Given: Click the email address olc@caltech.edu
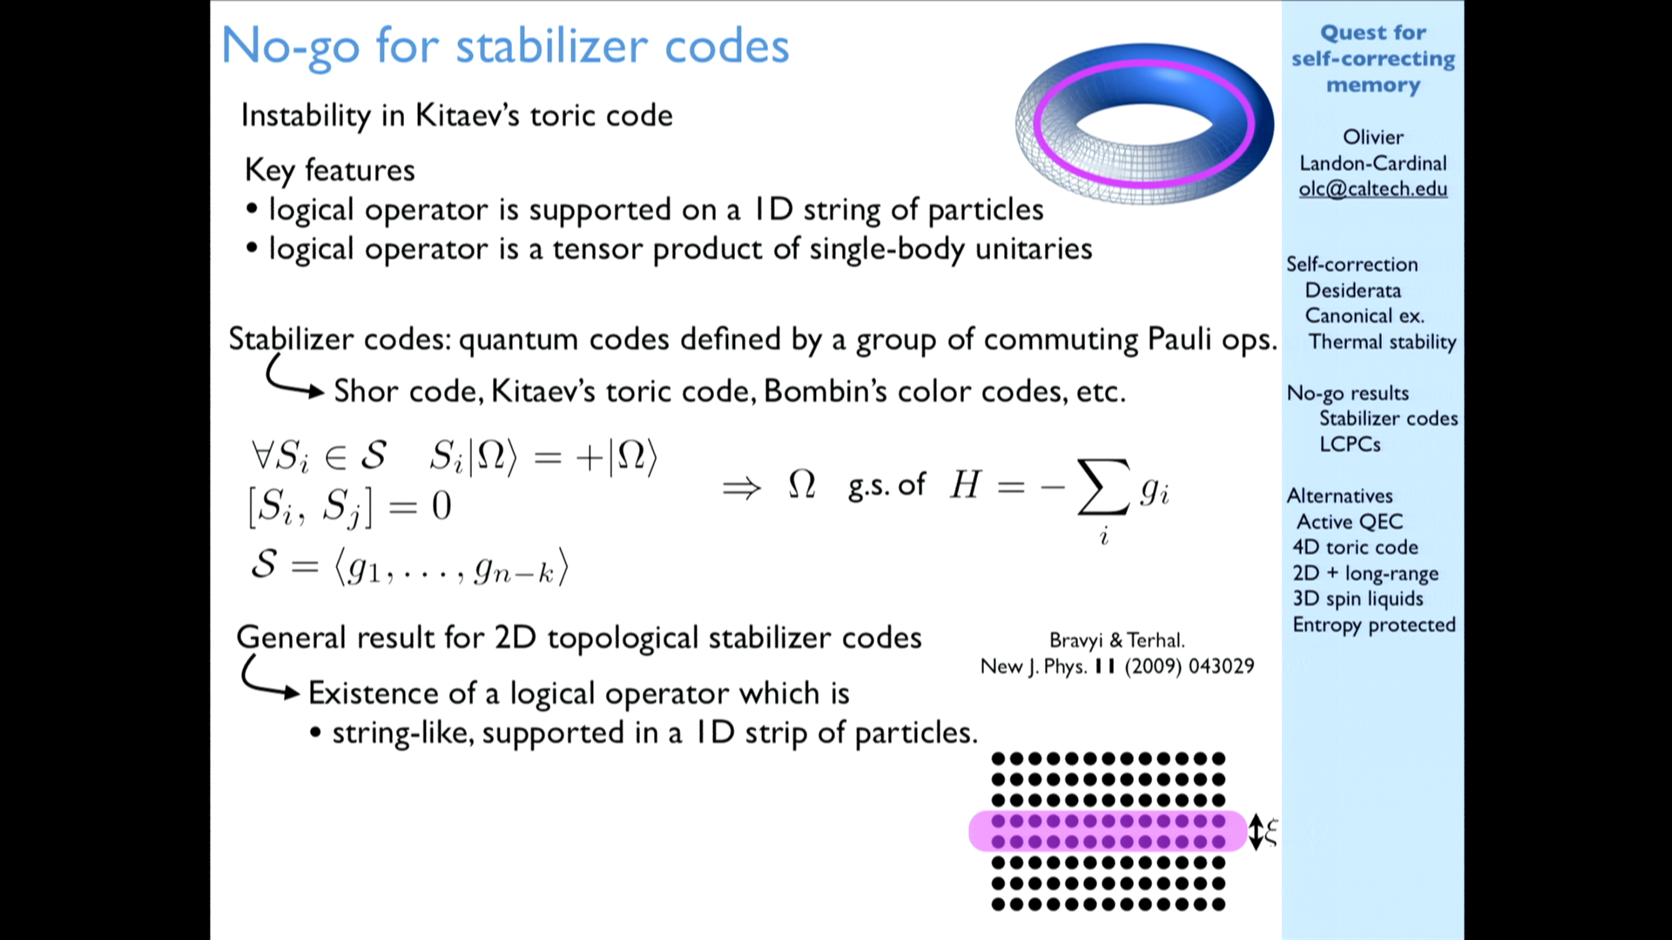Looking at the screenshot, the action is pos(1372,189).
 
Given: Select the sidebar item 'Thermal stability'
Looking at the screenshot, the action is pos(1382,342).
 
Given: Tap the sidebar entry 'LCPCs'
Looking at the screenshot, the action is pos(1350,444).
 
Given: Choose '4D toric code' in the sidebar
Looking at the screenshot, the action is pos(1355,547).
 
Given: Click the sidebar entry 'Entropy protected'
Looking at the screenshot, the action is pos(1374,625).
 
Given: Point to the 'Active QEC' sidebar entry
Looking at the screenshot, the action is pos(1350,521).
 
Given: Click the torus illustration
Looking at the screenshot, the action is pos(1144,122).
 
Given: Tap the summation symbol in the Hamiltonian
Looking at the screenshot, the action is pos(1103,487).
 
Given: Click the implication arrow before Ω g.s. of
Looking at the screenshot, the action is pos(742,487).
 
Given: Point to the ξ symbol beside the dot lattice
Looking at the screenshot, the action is pos(1271,832).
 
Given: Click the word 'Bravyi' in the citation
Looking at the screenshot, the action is pos(1076,641).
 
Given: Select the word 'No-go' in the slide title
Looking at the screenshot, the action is pos(290,46).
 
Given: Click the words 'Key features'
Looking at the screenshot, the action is pos(330,170).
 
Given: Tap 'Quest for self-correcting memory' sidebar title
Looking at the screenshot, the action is pos(1373,58).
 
